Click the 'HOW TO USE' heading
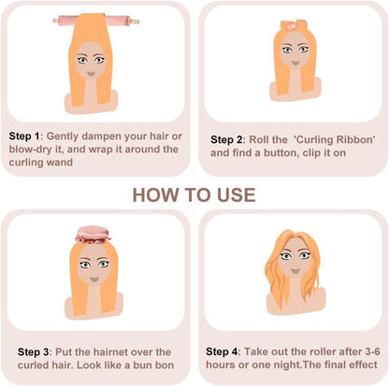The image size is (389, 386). tap(194, 194)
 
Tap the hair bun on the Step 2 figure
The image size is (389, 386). tap(287, 24)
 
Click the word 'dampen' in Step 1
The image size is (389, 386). tap(106, 134)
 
